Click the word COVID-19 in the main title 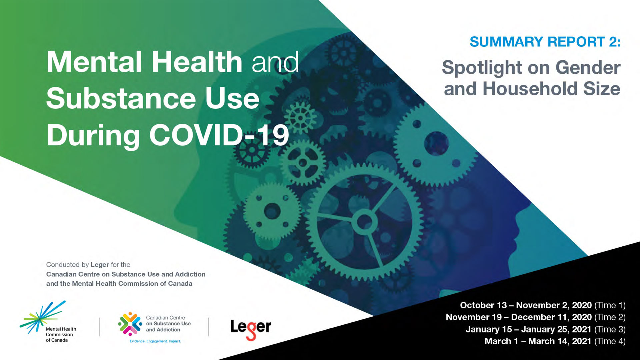coord(219,135)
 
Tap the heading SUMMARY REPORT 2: coord(545,42)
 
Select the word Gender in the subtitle coord(588,68)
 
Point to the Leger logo coord(251,329)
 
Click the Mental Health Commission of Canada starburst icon coord(43,317)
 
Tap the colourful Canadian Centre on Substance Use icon coord(130,324)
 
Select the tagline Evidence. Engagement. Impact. coord(155,341)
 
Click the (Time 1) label coord(610,305)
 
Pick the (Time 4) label coord(610,341)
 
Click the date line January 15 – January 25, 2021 coord(528,329)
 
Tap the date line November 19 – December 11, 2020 coord(519,317)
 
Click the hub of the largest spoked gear coord(364,221)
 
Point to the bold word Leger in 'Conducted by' coord(100,265)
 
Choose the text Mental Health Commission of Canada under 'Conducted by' coord(132,284)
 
